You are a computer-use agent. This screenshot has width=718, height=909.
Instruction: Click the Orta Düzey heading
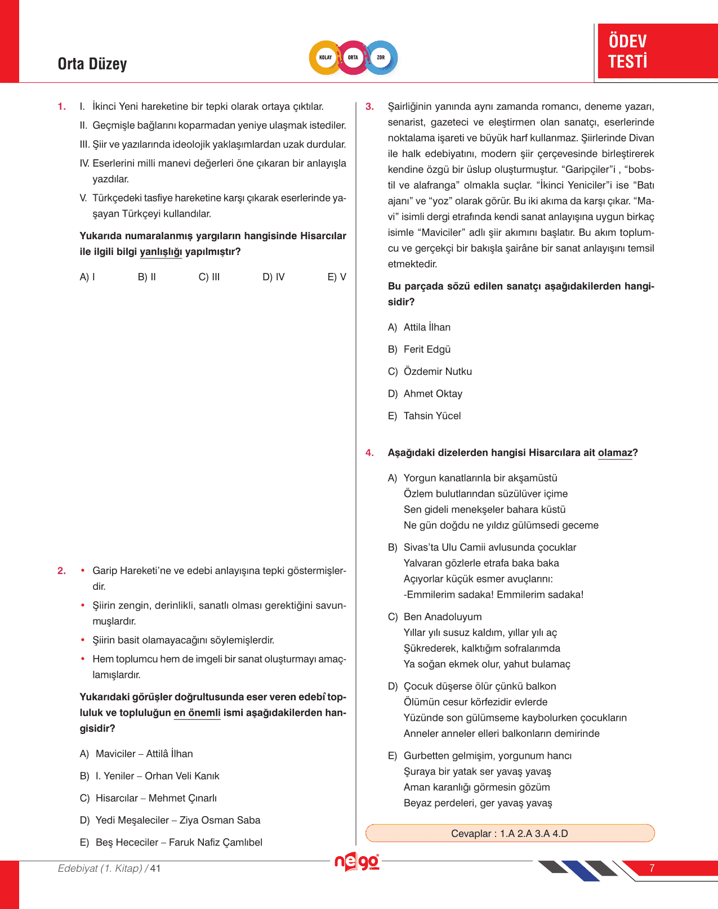click(92, 64)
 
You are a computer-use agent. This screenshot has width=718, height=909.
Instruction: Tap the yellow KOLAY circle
click(325, 57)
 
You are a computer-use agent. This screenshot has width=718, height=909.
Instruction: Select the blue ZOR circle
click(381, 57)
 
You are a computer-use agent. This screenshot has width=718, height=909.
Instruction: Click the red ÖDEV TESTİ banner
click(657, 51)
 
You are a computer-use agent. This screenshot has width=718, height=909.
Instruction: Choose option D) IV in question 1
click(274, 277)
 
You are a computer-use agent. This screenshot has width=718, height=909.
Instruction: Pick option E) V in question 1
click(337, 277)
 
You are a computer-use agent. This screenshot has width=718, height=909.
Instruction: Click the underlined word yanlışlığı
click(160, 252)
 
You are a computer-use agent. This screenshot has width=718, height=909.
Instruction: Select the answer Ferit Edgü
click(427, 350)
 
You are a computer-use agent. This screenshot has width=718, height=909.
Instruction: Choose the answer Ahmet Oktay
click(432, 394)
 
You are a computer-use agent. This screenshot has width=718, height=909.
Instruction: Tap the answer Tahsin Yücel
click(432, 416)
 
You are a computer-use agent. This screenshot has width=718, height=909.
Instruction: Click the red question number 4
click(369, 453)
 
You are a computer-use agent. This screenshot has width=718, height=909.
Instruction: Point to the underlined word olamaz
click(615, 453)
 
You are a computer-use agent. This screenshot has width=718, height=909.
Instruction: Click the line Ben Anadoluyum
click(443, 617)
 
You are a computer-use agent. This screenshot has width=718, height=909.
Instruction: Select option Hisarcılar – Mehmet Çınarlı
click(155, 798)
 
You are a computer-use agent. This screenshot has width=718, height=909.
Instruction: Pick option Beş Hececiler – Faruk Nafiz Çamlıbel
click(179, 843)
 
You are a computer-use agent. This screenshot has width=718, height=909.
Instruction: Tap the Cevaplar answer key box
click(510, 834)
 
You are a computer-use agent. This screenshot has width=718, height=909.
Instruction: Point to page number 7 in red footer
click(652, 868)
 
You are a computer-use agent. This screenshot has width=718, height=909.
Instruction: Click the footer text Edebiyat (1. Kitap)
click(100, 868)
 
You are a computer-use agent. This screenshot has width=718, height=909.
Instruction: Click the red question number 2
click(61, 571)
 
